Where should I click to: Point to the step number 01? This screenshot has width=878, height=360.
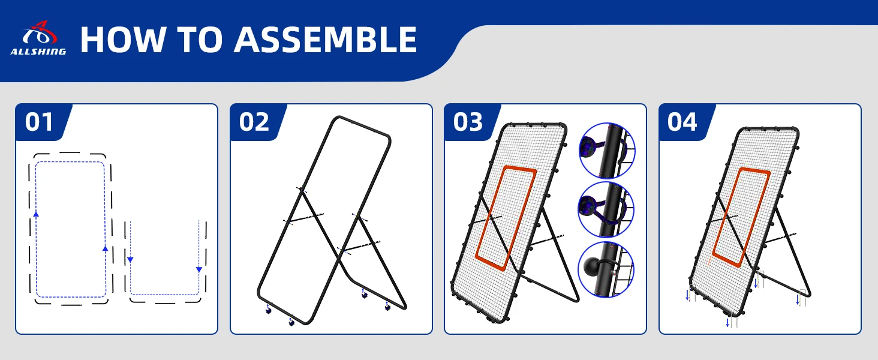(39, 122)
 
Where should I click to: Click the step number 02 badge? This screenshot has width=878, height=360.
(254, 122)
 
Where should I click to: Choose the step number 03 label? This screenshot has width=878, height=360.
(468, 122)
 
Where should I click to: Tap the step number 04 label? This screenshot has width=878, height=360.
(682, 122)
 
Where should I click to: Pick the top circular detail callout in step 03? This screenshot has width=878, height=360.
(607, 151)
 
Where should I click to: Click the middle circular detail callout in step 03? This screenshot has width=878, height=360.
(606, 209)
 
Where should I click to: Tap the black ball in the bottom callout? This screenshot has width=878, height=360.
(593, 266)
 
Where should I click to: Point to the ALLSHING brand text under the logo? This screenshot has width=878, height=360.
(38, 52)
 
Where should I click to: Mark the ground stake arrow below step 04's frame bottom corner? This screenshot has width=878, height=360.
(727, 323)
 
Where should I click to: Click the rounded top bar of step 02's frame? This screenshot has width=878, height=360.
(361, 125)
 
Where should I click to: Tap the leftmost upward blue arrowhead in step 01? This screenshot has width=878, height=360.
(36, 214)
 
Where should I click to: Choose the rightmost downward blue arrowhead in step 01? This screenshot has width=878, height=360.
(199, 270)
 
